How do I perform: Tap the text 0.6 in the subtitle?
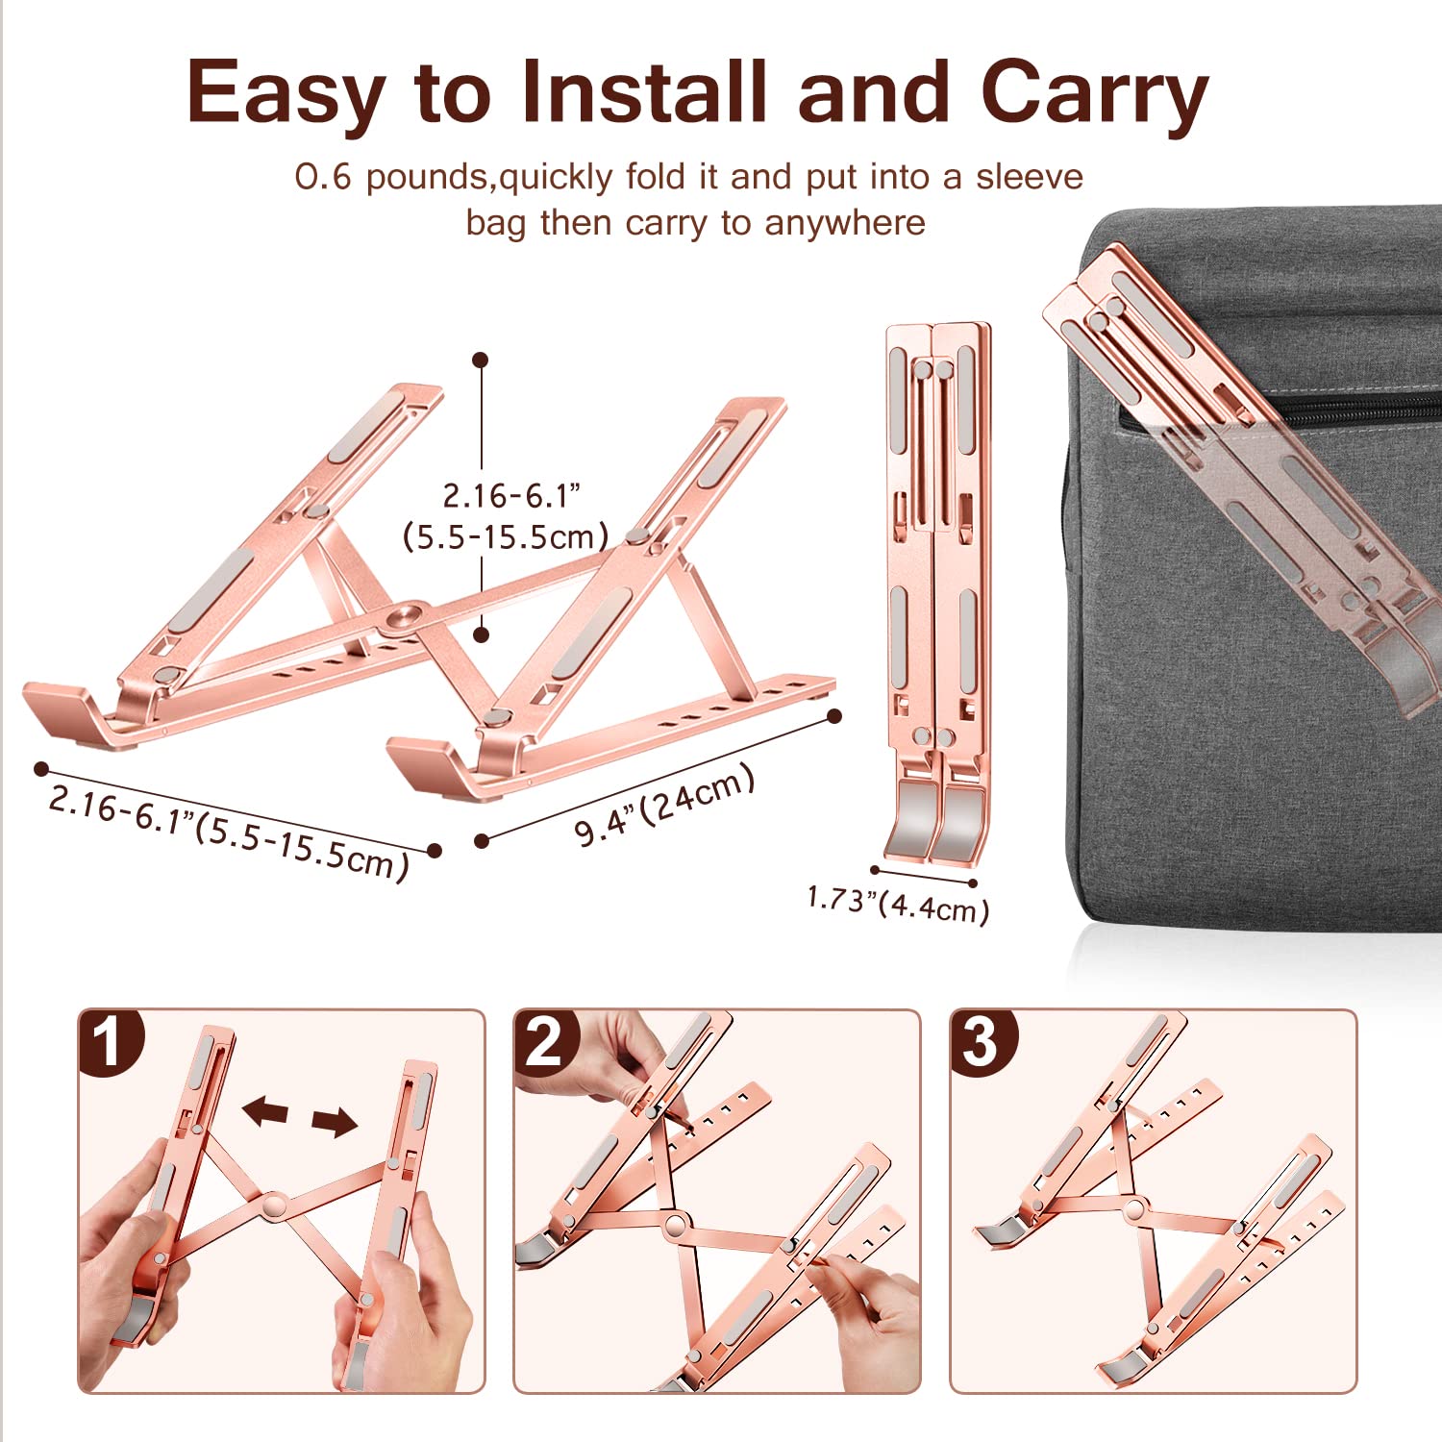coord(323,177)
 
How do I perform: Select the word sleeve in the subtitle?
coord(1029,177)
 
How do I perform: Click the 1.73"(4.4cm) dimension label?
coord(898,904)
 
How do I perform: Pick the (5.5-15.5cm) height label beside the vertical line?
coord(506,536)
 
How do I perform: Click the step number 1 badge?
coord(110,1041)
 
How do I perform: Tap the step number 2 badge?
coord(545,1041)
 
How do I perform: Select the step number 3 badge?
coord(981,1041)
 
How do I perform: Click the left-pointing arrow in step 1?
coord(265,1112)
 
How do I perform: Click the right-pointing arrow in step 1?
coord(334,1121)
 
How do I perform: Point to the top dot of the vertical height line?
coord(481,360)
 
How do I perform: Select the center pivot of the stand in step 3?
coord(1135,1209)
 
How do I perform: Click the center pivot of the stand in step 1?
coord(274,1205)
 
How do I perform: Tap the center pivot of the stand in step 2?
coord(676,1225)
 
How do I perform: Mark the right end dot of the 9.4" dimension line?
coord(834,715)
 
